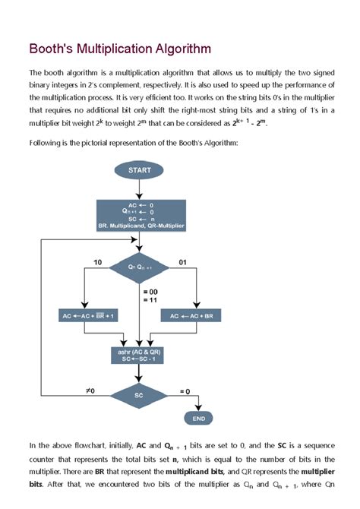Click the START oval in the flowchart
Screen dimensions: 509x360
(140, 170)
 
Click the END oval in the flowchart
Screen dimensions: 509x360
(199, 418)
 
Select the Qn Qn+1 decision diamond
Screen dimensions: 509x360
(140, 267)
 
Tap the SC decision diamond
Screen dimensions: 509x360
(140, 395)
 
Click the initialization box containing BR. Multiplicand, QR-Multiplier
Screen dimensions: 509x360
(140, 215)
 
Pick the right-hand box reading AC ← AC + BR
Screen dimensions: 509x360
(195, 315)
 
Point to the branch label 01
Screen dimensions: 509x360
(182, 262)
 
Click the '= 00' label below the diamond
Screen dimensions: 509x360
(149, 292)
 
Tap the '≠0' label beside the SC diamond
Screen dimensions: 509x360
(89, 390)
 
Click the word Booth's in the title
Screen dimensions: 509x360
(53, 49)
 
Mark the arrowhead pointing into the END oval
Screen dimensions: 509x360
(199, 409)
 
